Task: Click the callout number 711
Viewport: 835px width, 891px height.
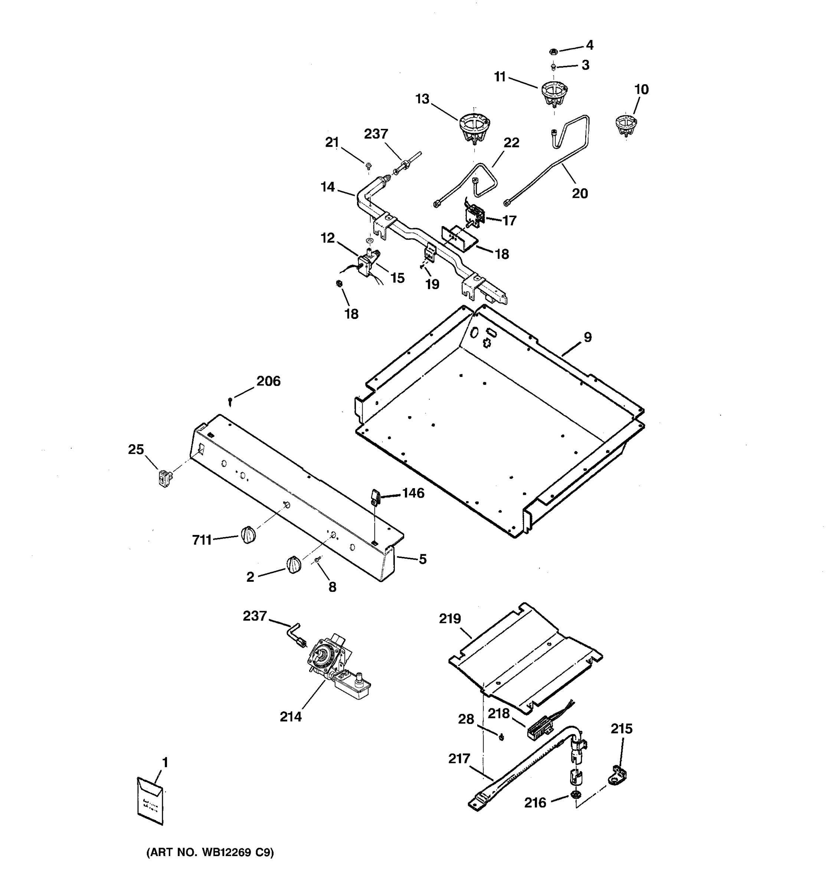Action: [202, 540]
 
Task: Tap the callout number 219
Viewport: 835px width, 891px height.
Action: [450, 619]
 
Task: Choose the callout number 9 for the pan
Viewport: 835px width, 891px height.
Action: [587, 337]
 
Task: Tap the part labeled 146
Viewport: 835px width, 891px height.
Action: [374, 497]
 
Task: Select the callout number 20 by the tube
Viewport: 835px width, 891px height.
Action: [580, 194]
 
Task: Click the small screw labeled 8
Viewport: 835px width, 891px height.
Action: [318, 559]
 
